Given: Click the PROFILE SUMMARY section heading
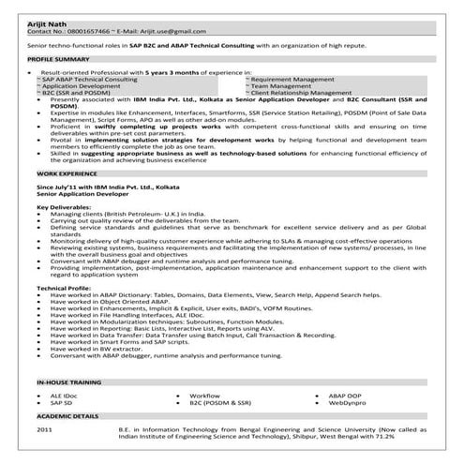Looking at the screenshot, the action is [x=60, y=58].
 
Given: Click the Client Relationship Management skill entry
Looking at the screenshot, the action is [x=300, y=93].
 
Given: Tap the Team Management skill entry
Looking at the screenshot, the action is [x=283, y=86].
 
